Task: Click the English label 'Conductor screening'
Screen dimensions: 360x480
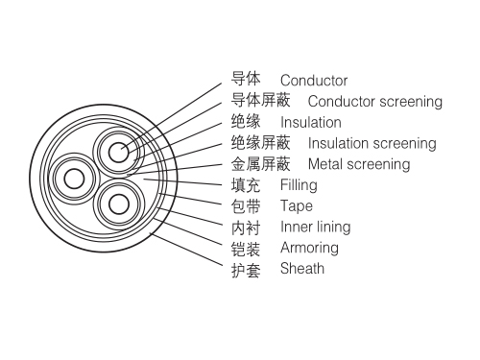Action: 374,102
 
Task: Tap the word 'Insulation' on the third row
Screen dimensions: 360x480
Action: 310,123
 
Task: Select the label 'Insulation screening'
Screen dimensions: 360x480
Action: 372,144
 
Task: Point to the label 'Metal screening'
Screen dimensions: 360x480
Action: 358,164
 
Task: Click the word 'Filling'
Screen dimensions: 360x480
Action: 298,185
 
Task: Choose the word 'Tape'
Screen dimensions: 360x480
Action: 296,206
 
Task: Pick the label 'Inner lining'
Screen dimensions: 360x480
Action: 315,228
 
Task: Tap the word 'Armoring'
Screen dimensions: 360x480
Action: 309,248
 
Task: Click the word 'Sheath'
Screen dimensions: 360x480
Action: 301,269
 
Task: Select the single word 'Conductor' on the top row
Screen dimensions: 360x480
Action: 313,81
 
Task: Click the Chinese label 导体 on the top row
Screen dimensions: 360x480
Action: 246,80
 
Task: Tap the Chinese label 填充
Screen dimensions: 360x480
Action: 246,185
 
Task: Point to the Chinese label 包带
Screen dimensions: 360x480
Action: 246,206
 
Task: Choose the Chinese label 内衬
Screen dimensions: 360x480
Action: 246,228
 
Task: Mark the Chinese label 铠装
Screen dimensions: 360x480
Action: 246,249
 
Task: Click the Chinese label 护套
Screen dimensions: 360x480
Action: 246,270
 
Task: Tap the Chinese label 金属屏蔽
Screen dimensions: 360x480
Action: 260,164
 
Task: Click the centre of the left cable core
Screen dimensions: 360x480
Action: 71,179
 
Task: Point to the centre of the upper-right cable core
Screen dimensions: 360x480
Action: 117,153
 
